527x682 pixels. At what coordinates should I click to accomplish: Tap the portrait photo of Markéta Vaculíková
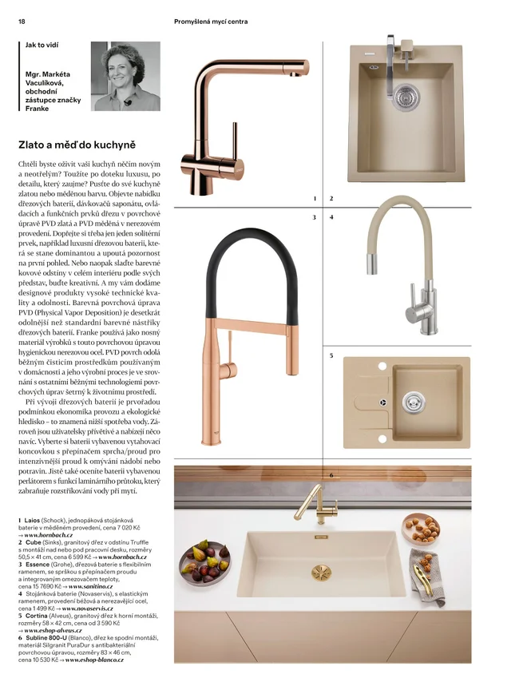pos(126,77)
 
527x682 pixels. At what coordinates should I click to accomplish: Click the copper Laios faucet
pos(209,120)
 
